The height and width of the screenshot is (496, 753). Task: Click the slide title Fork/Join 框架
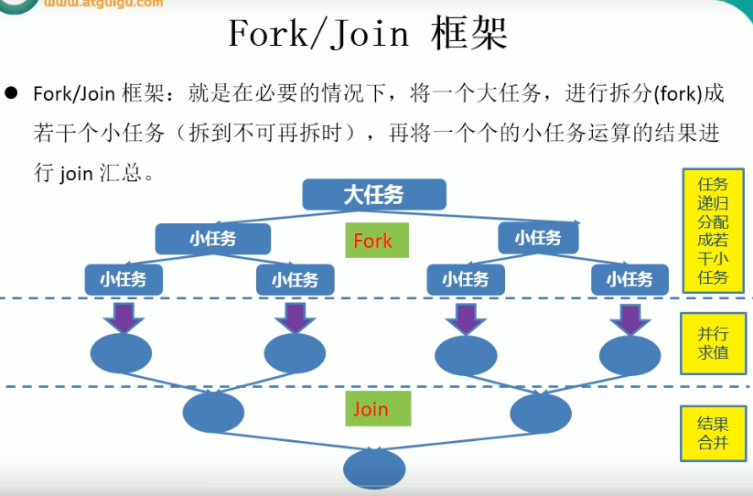pyautogui.click(x=367, y=36)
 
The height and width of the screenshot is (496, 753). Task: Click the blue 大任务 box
pyautogui.click(x=373, y=194)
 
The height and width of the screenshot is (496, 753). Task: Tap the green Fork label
pyautogui.click(x=372, y=241)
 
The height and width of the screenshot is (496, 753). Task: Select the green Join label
pyautogui.click(x=371, y=409)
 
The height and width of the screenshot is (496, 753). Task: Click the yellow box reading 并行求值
pyautogui.click(x=713, y=343)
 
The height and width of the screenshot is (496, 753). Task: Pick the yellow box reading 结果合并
pyautogui.click(x=713, y=433)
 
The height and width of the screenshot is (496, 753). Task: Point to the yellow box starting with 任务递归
pyautogui.click(x=713, y=230)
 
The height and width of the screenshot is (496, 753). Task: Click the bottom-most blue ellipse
pyautogui.click(x=374, y=469)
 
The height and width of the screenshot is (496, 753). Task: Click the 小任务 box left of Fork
pyautogui.click(x=213, y=239)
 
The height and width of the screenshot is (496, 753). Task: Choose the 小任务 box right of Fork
pyautogui.click(x=537, y=238)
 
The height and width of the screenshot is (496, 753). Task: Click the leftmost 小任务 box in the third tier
pyautogui.click(x=124, y=279)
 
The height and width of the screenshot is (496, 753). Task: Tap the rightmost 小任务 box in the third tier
pyautogui.click(x=629, y=279)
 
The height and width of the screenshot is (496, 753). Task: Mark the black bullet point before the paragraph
pyautogui.click(x=12, y=93)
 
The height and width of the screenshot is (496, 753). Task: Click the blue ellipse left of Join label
pyautogui.click(x=213, y=413)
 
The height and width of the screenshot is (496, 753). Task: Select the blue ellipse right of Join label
pyautogui.click(x=540, y=413)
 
